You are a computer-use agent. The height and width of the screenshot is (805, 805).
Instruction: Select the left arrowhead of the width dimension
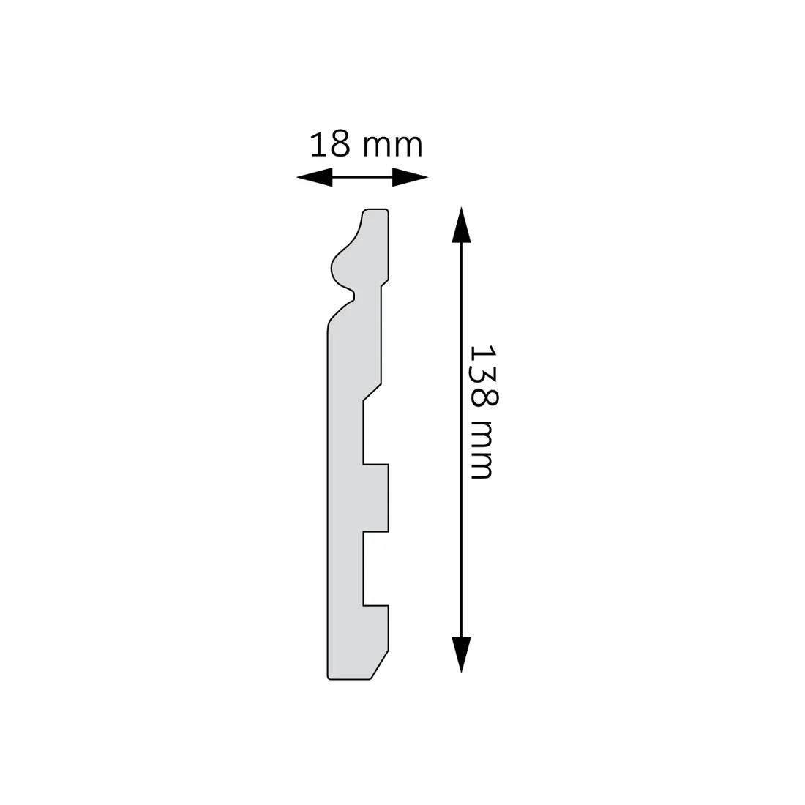(x=313, y=177)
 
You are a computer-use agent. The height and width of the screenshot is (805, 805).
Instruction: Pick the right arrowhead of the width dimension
(x=410, y=177)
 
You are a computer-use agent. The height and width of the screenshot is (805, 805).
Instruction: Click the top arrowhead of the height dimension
(x=460, y=224)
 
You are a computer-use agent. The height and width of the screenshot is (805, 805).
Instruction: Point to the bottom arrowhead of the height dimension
(x=460, y=654)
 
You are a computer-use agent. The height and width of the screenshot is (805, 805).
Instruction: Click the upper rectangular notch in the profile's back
(x=375, y=432)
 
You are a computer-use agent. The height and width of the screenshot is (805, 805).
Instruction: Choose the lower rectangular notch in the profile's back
(x=375, y=568)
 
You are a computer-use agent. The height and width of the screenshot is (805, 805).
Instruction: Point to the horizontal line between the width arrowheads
(x=362, y=177)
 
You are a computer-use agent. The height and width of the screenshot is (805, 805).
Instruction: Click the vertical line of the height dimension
(x=460, y=439)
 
